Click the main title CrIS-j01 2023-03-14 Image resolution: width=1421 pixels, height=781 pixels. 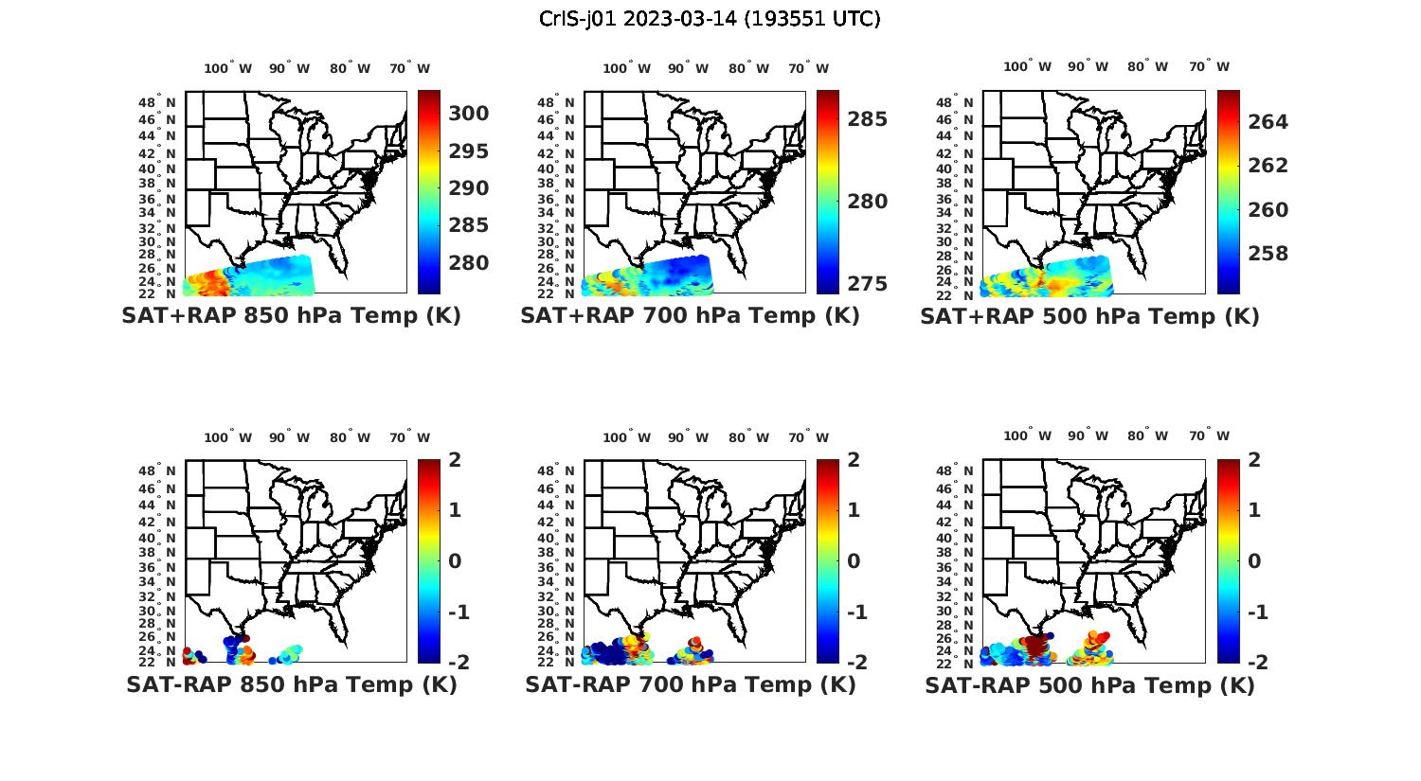[710, 19]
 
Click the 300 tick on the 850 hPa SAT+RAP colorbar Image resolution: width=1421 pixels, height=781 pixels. [469, 114]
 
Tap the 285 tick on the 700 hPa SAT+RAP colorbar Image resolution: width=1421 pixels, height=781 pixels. [868, 119]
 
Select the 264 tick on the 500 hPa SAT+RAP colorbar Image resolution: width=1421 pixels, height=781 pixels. [1268, 121]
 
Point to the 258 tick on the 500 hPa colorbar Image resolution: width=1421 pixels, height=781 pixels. [1268, 254]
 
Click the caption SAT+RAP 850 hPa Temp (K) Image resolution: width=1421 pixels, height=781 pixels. [291, 315]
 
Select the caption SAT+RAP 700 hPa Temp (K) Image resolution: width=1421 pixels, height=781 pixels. [690, 315]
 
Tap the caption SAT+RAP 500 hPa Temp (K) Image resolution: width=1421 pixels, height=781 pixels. [1089, 316]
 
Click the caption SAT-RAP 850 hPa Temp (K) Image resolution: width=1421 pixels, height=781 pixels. [292, 684]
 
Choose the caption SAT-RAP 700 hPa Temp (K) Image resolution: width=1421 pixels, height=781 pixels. [691, 684]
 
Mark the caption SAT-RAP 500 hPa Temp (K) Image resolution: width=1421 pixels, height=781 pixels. [1089, 685]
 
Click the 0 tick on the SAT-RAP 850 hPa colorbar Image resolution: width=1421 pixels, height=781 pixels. [455, 560]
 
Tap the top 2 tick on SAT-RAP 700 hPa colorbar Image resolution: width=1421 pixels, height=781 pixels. [854, 460]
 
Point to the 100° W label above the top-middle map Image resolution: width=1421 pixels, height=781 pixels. [626, 68]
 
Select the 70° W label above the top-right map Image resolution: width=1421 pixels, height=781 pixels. [1210, 66]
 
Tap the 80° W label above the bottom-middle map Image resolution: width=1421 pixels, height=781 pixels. [748, 437]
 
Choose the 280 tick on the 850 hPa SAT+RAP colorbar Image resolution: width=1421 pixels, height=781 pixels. [469, 262]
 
